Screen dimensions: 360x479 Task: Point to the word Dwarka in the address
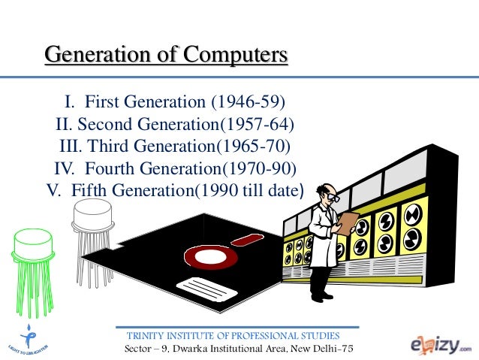pyautogui.click(x=193, y=350)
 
